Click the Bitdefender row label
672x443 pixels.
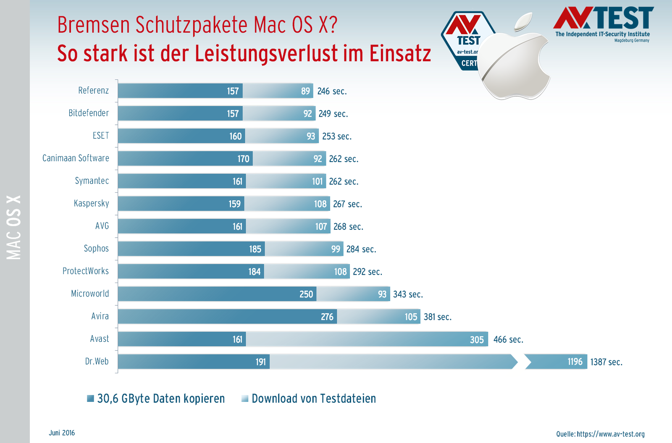pyautogui.click(x=89, y=113)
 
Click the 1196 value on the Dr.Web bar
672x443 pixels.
pyautogui.click(x=575, y=362)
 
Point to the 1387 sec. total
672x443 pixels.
pyautogui.click(x=606, y=362)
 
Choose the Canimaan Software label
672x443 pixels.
pyautogui.click(x=76, y=158)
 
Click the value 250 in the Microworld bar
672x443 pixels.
pyautogui.click(x=306, y=294)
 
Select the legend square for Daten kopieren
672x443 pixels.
pyautogui.click(x=90, y=398)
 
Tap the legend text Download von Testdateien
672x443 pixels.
pyautogui.click(x=313, y=398)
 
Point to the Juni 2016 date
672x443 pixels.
pyautogui.click(x=62, y=433)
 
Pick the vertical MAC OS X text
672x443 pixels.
pyautogui.click(x=14, y=227)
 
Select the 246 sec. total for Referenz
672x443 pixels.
pyautogui.click(x=332, y=91)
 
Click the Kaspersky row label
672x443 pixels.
pyautogui.click(x=91, y=204)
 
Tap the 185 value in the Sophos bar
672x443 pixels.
pyautogui.click(x=255, y=249)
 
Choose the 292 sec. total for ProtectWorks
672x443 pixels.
pyautogui.click(x=367, y=272)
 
